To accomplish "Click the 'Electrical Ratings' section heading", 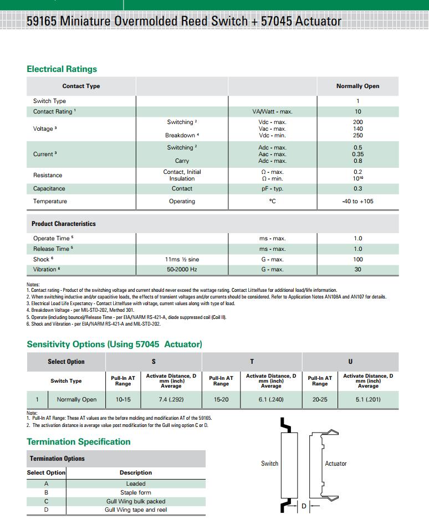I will (x=62, y=69).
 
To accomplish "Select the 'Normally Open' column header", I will (x=357, y=86).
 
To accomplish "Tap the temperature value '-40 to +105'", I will (x=357, y=202).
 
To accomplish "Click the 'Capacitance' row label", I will (x=49, y=189).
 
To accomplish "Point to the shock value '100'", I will (x=357, y=259).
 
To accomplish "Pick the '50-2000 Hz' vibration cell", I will (x=182, y=270).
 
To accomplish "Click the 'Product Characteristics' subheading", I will (x=63, y=224).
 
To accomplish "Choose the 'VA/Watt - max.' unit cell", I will (x=272, y=112).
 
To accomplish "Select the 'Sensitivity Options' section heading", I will (x=114, y=344).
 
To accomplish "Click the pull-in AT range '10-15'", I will (x=123, y=399).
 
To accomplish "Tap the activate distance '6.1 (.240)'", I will (x=271, y=399).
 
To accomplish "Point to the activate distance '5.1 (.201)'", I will (x=368, y=399).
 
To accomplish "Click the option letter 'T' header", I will (x=252, y=362).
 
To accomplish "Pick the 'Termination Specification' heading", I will (x=78, y=442).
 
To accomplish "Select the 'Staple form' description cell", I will (x=136, y=493).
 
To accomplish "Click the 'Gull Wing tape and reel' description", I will (x=136, y=510).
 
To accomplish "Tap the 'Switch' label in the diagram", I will (x=269, y=464).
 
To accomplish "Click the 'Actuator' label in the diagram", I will (x=335, y=464).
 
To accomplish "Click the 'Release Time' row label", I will (x=52, y=249).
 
